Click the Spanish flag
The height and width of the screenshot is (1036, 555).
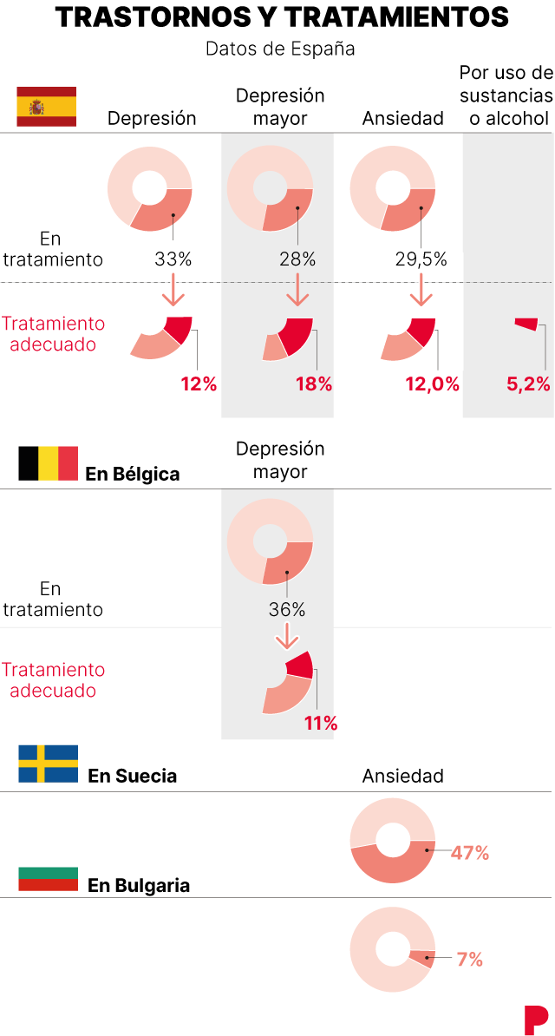[x=47, y=107]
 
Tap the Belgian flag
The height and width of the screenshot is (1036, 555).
[x=49, y=463]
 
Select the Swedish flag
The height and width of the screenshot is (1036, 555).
[x=49, y=764]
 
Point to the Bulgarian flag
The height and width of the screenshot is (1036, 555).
[x=49, y=879]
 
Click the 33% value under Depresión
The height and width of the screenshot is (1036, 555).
[x=173, y=259]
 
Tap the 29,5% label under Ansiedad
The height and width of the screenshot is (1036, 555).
[x=421, y=259]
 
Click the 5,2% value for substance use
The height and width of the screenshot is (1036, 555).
[x=528, y=384]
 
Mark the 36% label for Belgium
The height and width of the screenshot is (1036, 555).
[x=286, y=610]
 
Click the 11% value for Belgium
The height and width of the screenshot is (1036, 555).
[x=320, y=723]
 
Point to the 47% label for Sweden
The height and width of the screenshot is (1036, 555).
[x=470, y=853]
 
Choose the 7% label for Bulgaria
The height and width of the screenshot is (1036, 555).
[x=469, y=960]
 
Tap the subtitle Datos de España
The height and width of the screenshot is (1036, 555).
[x=280, y=49]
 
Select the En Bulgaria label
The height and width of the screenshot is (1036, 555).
[x=139, y=886]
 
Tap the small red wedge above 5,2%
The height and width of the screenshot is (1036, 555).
[x=526, y=324]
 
